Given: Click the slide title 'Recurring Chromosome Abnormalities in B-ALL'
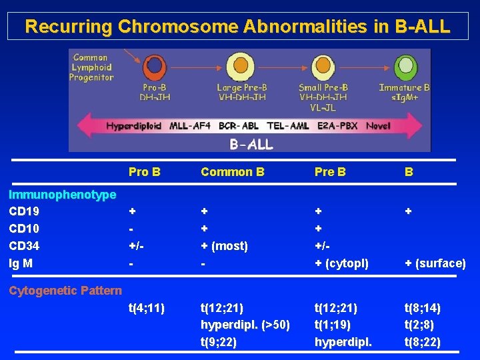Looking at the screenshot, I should coord(238,27).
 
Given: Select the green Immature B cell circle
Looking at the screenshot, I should coord(405,68).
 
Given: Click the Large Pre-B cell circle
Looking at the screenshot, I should coord(241,68).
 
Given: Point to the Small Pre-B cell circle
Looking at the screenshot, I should coord(323,68).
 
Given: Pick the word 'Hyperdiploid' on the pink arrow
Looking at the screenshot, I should coord(133,125).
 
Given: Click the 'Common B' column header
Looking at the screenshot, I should coord(232,172).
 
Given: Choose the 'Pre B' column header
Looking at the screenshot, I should coord(330,172).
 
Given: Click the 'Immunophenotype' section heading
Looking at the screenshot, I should coord(62,195).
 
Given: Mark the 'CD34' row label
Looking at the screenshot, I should coord(23,246).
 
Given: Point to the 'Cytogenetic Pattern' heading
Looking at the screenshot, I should coord(65,290).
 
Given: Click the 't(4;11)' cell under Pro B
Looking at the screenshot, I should coord(147,308).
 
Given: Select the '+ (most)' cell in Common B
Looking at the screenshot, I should coord(224,246).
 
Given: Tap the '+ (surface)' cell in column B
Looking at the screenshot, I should coord(435,263).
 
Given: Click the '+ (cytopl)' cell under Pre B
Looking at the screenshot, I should coord(341,263).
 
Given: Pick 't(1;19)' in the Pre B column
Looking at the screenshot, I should coord(335,325).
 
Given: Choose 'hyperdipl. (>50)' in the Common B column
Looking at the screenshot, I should coord(245,325).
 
